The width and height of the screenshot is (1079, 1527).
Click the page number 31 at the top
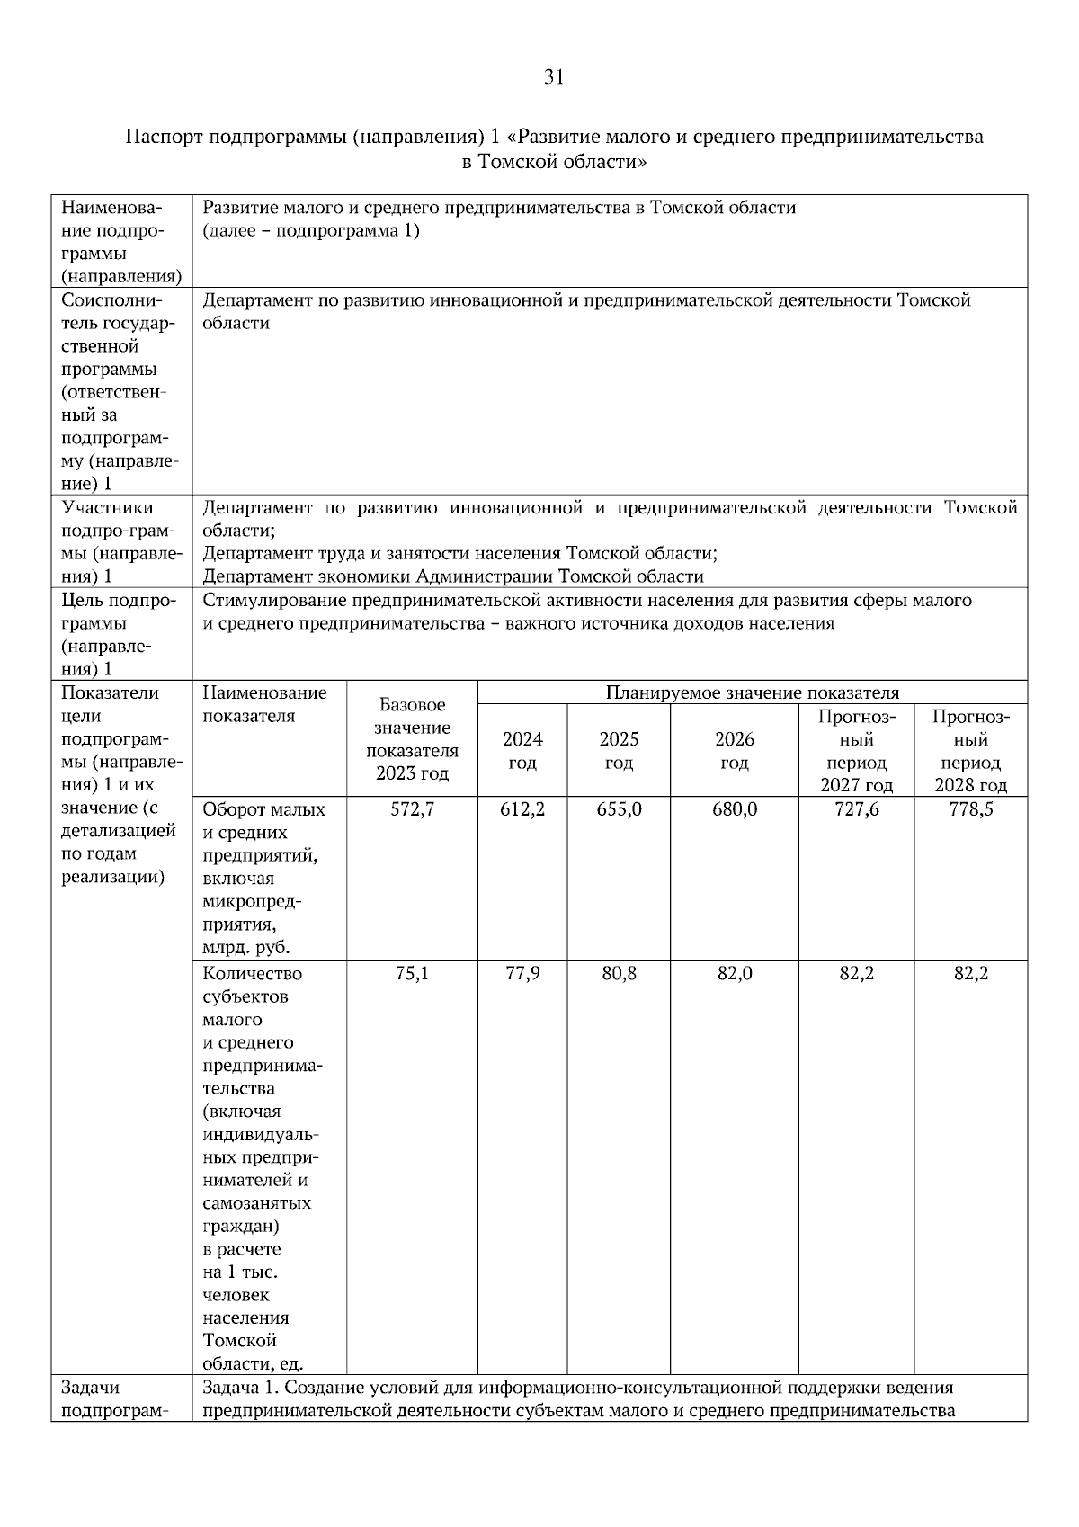coord(554,78)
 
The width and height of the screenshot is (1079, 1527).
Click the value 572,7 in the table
coord(412,809)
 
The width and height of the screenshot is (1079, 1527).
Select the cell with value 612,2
coord(522,809)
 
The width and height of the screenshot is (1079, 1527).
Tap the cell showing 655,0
coord(619,809)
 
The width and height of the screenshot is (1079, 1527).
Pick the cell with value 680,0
coord(735,809)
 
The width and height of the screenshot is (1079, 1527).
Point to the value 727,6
coord(857,809)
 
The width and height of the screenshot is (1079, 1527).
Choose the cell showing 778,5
coord(971,809)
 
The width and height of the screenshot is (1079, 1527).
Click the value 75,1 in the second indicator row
coord(412,974)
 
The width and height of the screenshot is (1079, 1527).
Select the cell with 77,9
coord(522,974)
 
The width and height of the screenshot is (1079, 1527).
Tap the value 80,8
coord(619,974)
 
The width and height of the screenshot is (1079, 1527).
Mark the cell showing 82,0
coord(735,974)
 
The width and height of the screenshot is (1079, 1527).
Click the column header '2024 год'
coord(522,751)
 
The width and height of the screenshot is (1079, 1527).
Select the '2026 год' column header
coord(735,751)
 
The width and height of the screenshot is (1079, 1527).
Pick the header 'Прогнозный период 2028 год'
coord(971,751)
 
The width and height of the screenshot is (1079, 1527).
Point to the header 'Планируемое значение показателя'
coord(752,692)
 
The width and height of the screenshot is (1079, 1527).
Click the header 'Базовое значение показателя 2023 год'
coord(412,739)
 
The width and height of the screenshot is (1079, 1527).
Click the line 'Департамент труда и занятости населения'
coord(459,553)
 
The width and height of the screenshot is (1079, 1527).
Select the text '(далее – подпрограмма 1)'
coord(311,231)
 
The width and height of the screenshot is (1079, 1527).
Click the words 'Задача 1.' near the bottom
coord(235,1388)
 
